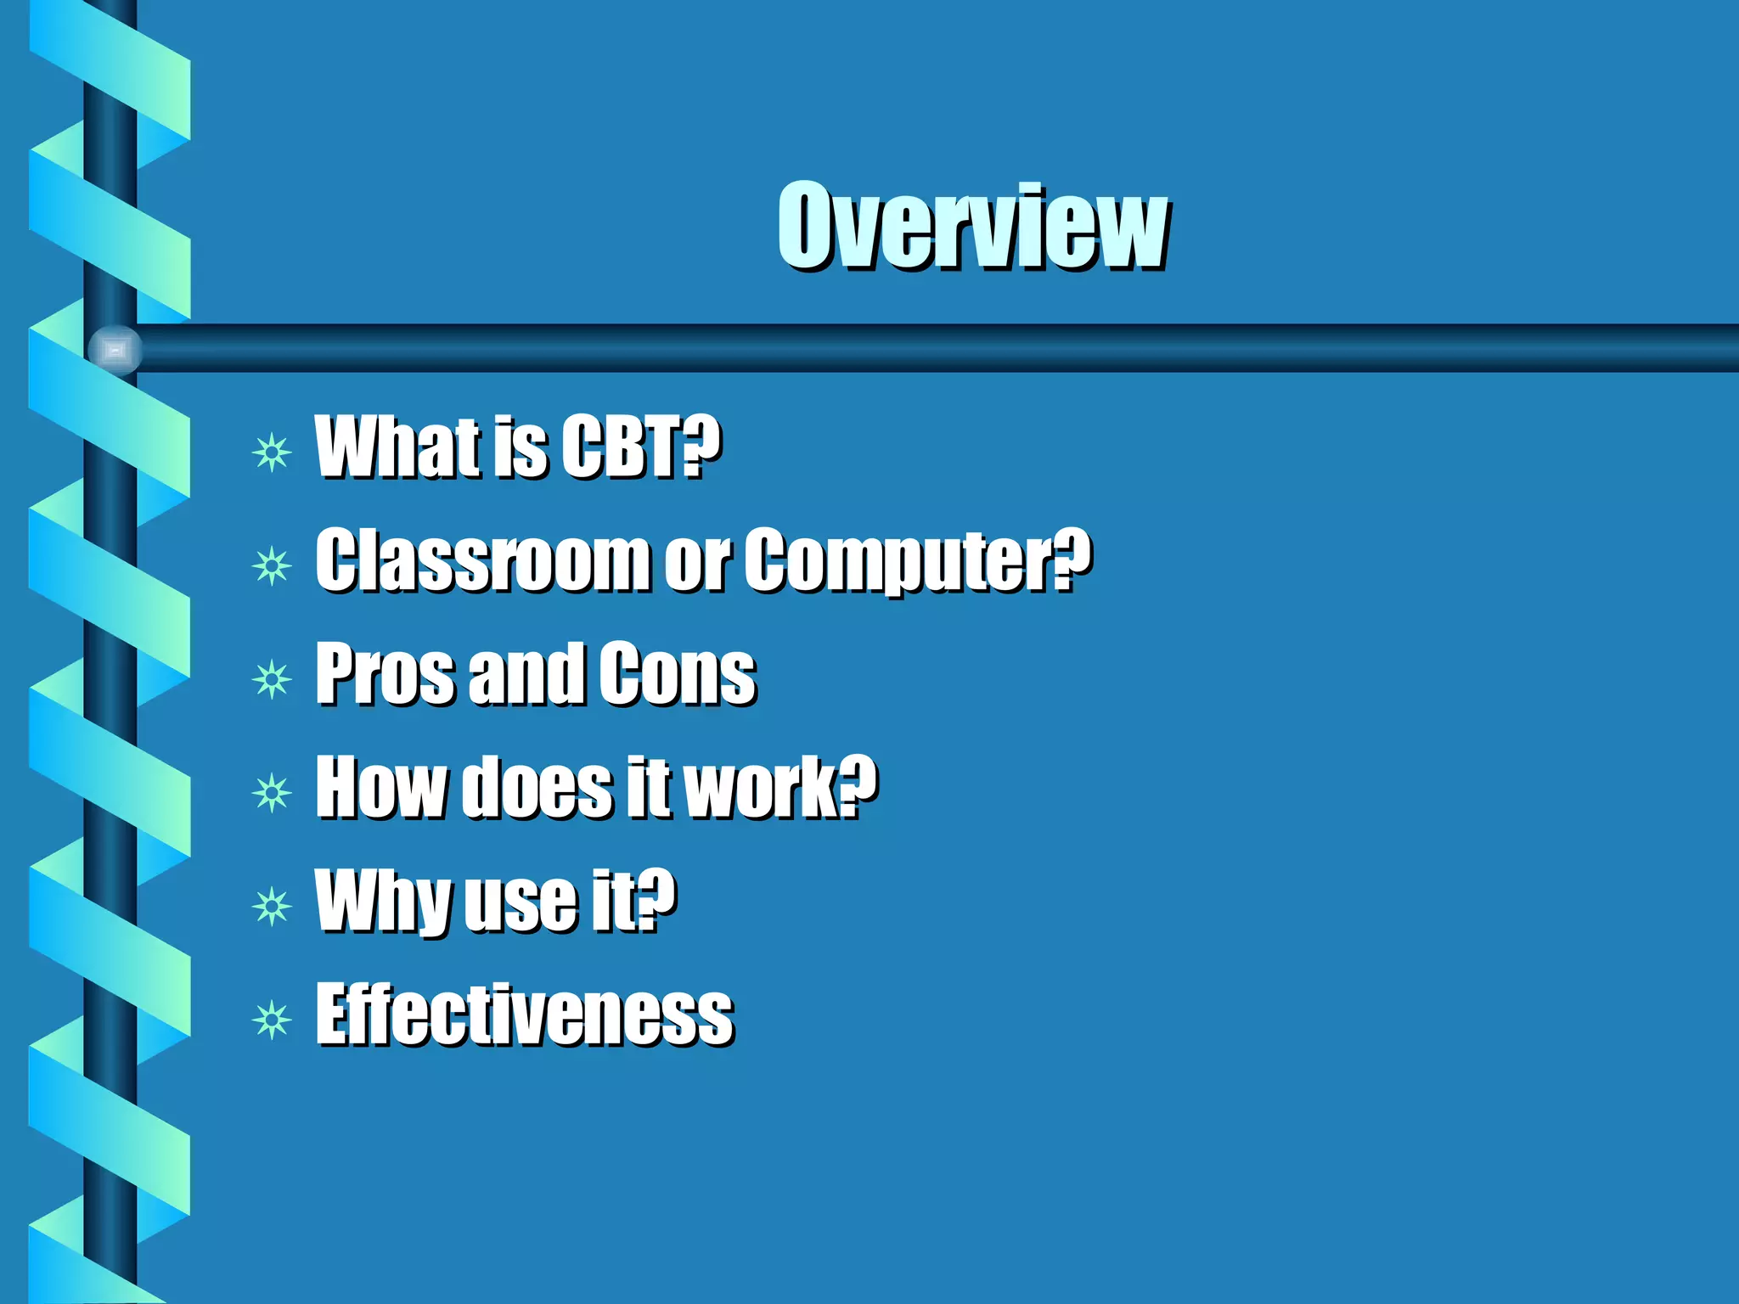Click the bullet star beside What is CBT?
click(x=272, y=452)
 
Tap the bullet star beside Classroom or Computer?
click(x=272, y=565)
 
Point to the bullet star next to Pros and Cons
click(x=272, y=679)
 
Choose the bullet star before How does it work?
click(x=272, y=793)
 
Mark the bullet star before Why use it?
click(x=272, y=907)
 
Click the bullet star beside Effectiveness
click(x=272, y=1020)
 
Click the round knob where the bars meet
click(x=115, y=349)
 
